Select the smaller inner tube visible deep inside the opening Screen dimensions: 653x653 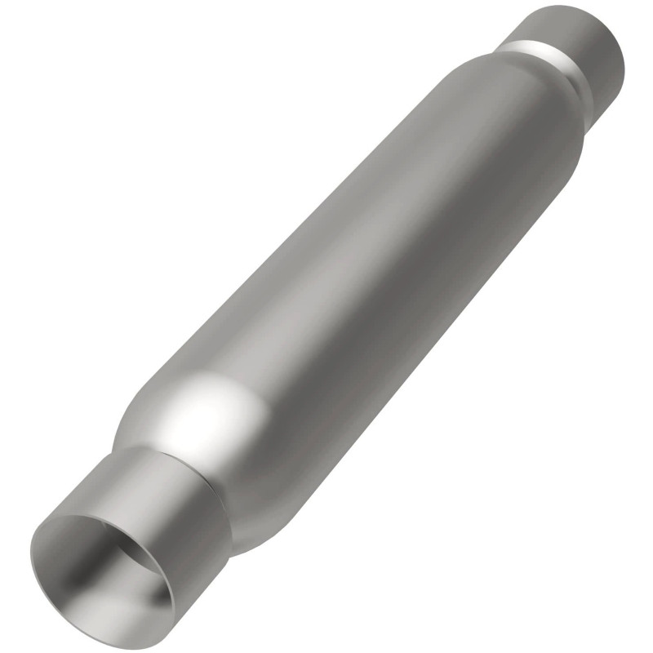pos(135,571)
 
